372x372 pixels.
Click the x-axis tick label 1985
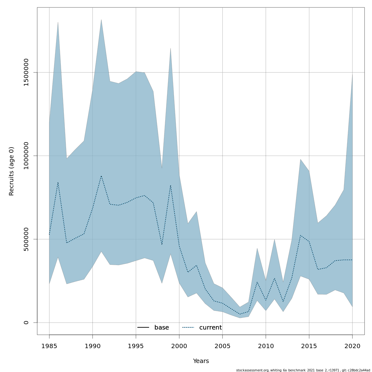pyautogui.click(x=49, y=346)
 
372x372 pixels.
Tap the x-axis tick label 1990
pyautogui.click(x=93, y=346)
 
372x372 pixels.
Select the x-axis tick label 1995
pyautogui.click(x=136, y=346)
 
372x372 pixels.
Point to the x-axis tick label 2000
pyautogui.click(x=179, y=346)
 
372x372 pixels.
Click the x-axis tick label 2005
pyautogui.click(x=223, y=346)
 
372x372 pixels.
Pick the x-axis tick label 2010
pyautogui.click(x=266, y=346)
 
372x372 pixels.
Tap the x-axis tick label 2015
pyautogui.click(x=309, y=346)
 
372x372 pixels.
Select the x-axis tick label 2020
pyautogui.click(x=352, y=346)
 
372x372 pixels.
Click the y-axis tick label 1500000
pyautogui.click(x=26, y=72)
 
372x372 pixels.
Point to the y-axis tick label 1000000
pyautogui.click(x=26, y=156)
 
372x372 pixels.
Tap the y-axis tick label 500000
pyautogui.click(x=26, y=239)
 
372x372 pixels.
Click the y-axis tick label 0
pyautogui.click(x=26, y=322)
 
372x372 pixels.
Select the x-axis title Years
pyautogui.click(x=201, y=361)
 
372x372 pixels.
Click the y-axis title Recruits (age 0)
pyautogui.click(x=11, y=171)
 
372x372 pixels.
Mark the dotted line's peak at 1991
pyautogui.click(x=101, y=176)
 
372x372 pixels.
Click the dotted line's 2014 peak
pyautogui.click(x=300, y=235)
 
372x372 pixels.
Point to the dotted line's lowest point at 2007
pyautogui.click(x=240, y=314)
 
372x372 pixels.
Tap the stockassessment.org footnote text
pyautogui.click(x=303, y=370)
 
